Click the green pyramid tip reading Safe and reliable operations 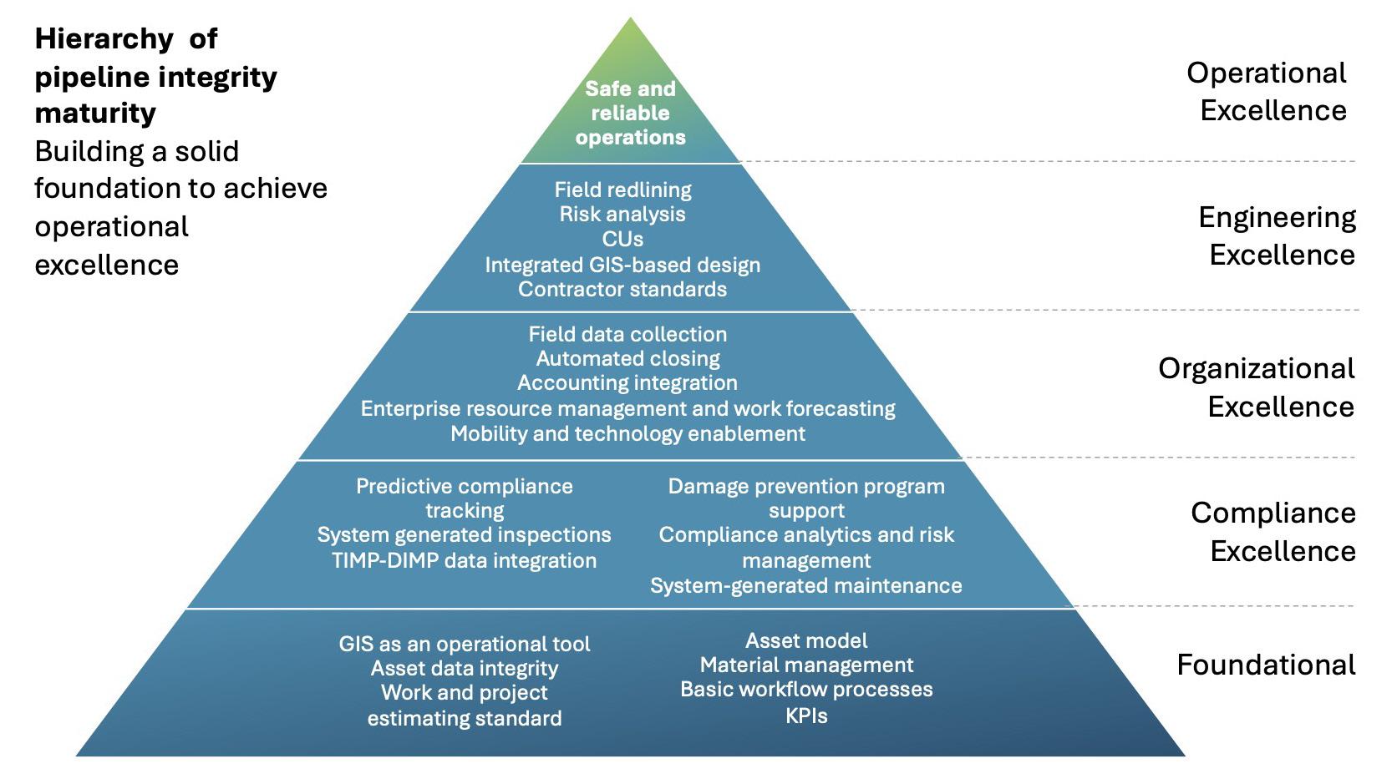[630, 113]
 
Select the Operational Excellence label [1267, 91]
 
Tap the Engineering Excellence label [1277, 235]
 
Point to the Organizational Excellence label [1256, 387]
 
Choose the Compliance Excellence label [1273, 532]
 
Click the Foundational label [1266, 665]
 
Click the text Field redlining [622, 190]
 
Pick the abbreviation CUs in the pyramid [622, 239]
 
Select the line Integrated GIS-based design [622, 265]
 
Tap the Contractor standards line [622, 289]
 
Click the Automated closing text [627, 358]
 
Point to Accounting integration [627, 382]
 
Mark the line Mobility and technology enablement [627, 433]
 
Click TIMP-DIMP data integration [464, 560]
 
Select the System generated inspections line [464, 534]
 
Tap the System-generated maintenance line [805, 585]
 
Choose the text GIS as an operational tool [464, 644]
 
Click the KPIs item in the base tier [806, 716]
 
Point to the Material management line [806, 665]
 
